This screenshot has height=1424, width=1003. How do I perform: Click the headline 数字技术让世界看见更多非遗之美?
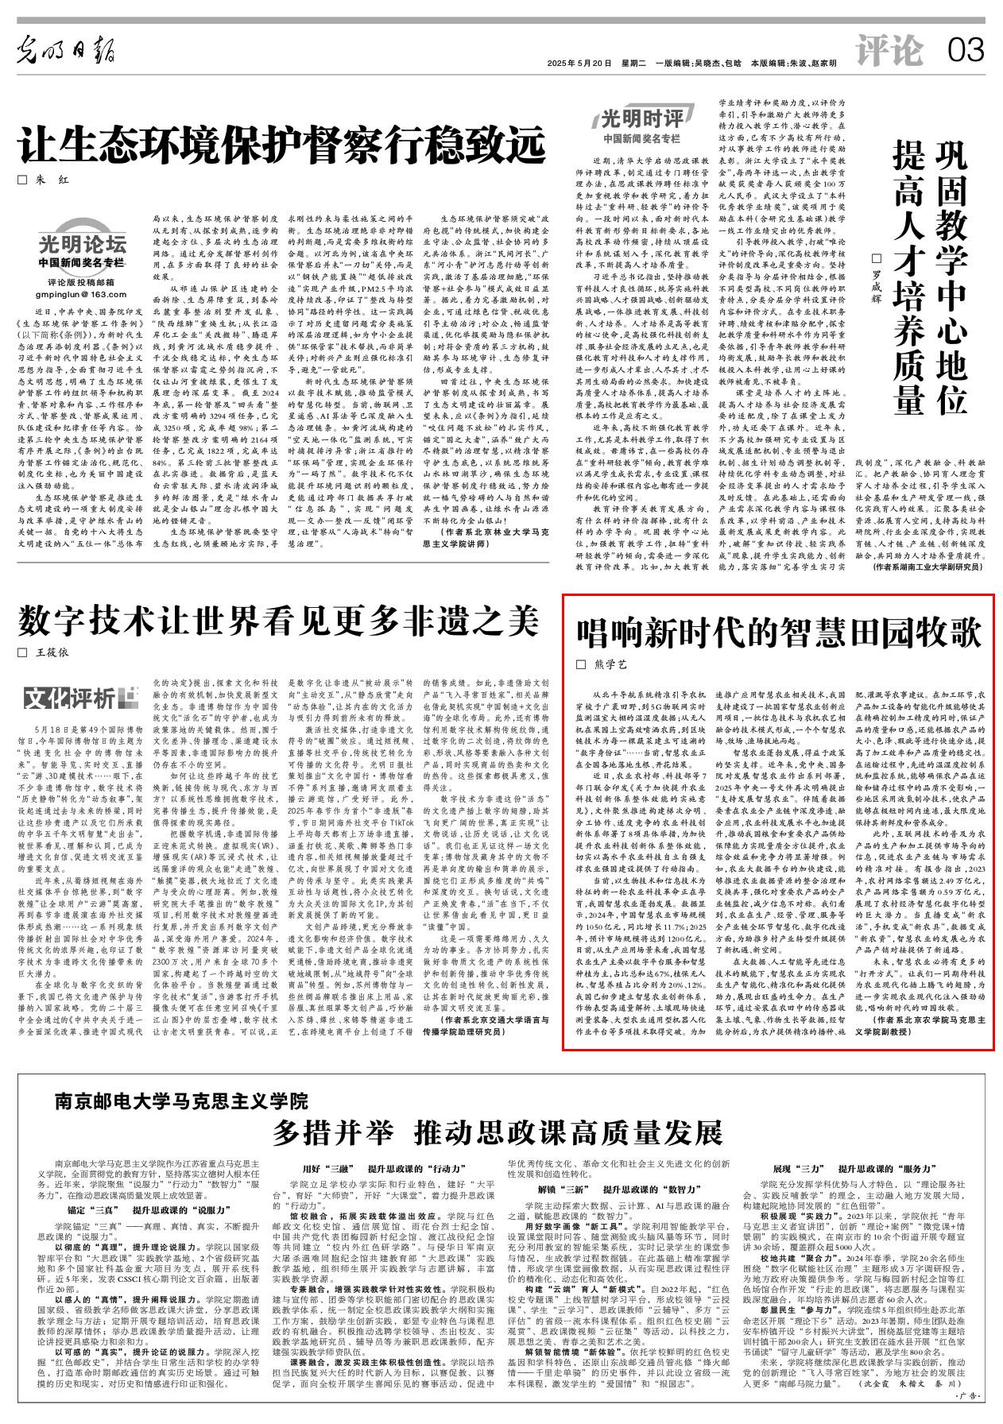click(279, 621)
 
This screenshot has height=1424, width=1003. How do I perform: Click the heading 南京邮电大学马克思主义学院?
click(180, 1101)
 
